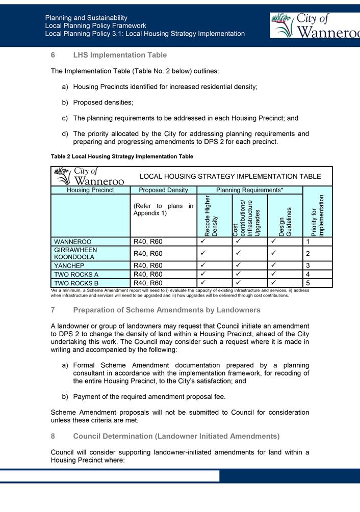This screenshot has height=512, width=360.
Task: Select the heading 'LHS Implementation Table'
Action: (120, 55)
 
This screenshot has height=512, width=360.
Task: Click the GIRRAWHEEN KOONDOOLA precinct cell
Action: (75, 254)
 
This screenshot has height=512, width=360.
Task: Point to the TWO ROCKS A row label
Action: (76, 275)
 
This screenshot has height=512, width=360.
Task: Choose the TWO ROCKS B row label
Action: (76, 283)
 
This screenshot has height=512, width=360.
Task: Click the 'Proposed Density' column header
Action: (160, 190)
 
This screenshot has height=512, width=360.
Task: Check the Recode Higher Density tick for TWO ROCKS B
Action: (203, 283)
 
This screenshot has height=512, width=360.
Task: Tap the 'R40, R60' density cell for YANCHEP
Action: (148, 266)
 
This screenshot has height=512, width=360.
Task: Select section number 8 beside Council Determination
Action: (53, 437)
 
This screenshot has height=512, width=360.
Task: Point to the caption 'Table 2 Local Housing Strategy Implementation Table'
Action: (122, 156)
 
